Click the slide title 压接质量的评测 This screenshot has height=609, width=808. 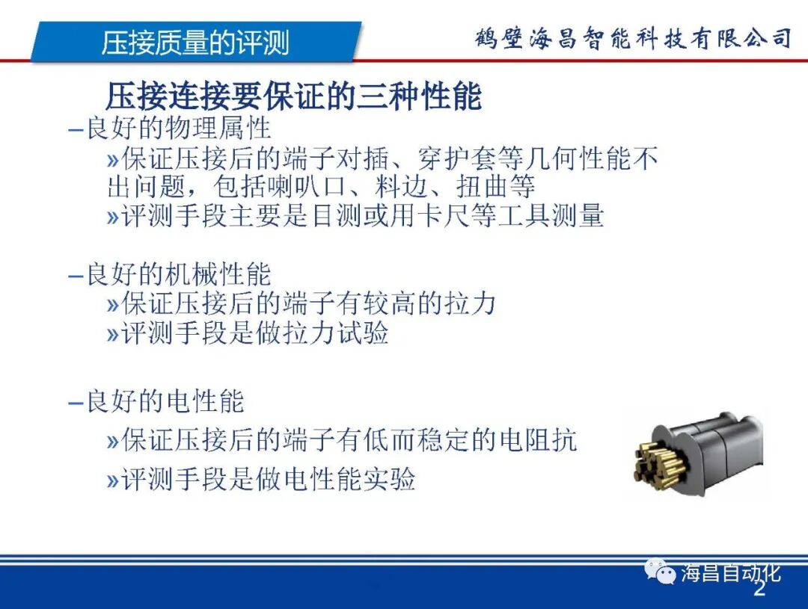tap(195, 43)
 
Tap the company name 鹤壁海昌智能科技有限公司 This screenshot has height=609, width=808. tap(633, 37)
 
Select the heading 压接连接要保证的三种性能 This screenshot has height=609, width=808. tap(293, 97)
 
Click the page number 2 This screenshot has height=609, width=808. tap(759, 590)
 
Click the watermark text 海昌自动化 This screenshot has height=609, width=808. tap(730, 573)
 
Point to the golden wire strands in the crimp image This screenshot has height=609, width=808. tap(658, 460)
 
